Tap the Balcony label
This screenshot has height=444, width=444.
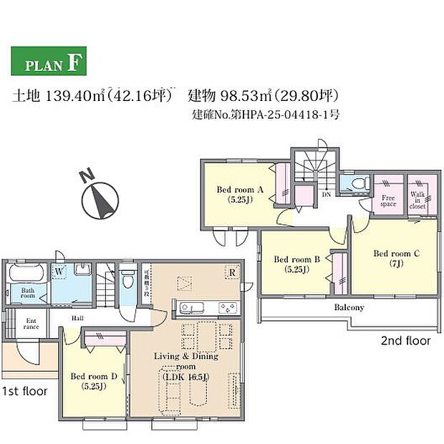(x=349, y=308)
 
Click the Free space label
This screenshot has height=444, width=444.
(x=388, y=201)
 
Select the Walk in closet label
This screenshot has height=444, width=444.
(x=418, y=200)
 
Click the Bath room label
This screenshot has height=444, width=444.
(x=28, y=294)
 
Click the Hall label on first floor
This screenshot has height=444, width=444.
(x=77, y=322)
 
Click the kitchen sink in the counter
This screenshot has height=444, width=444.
(x=193, y=309)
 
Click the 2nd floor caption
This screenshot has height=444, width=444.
(x=405, y=341)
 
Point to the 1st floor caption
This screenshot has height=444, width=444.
(x=24, y=391)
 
